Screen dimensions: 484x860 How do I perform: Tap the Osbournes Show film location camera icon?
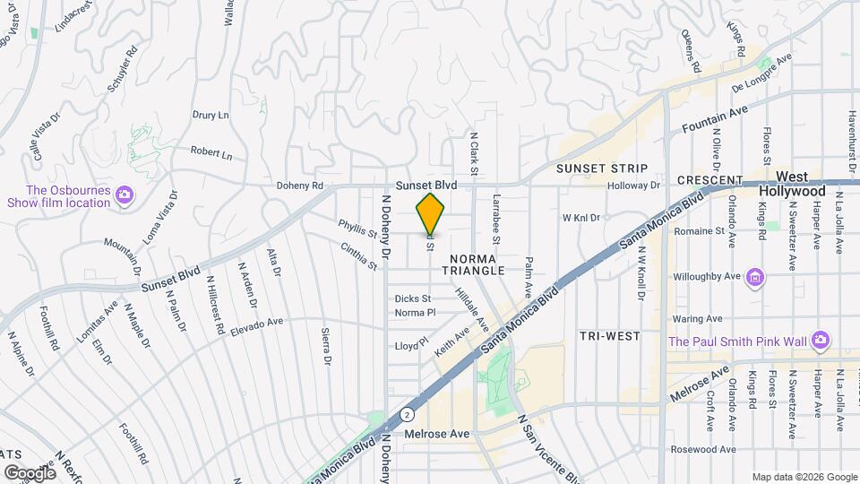click(125, 194)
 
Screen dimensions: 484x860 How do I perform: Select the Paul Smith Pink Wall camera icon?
click(821, 340)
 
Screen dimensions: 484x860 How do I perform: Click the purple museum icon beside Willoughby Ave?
click(756, 276)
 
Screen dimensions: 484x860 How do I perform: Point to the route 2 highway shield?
click(408, 415)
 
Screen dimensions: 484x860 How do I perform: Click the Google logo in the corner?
click(30, 472)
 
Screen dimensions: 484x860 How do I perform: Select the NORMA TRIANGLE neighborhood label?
click(474, 263)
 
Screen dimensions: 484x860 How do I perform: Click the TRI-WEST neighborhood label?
click(609, 336)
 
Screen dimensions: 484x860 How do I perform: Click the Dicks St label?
click(413, 298)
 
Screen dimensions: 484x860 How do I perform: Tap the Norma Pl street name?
click(415, 313)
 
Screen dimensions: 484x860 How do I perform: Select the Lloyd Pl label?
click(412, 344)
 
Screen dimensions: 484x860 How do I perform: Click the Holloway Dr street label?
click(632, 186)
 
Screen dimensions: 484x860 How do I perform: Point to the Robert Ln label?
click(211, 152)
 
